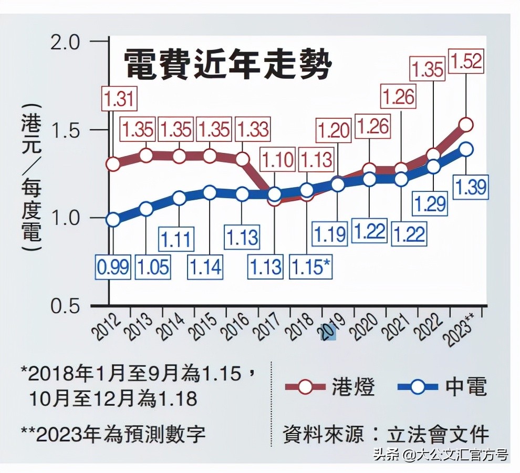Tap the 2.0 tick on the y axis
point(66,42)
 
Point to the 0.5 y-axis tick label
point(66,306)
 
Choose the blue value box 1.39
point(471,187)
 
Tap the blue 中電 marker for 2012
point(113,220)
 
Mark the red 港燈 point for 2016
point(242,159)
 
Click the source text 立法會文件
point(438,435)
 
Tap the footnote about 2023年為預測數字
point(113,434)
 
